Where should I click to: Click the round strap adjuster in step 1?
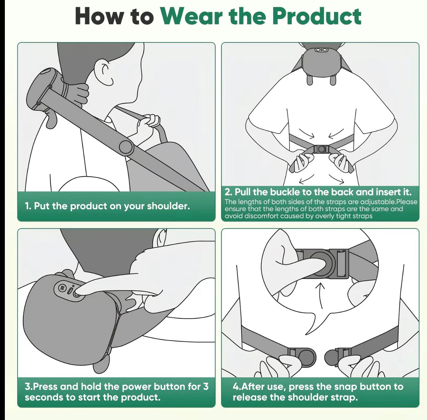click(x=126, y=147)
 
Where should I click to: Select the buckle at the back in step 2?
click(x=321, y=149)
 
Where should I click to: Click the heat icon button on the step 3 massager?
click(x=62, y=287)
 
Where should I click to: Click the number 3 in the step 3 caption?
click(x=205, y=386)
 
